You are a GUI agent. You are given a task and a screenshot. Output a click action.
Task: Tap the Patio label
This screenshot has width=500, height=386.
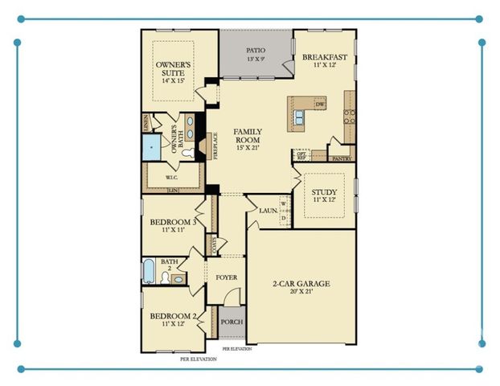tap(256, 51)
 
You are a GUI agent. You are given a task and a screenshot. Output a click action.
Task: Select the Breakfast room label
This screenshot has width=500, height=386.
tap(324, 57)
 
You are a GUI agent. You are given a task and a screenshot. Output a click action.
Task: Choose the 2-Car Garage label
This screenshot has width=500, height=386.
tap(301, 284)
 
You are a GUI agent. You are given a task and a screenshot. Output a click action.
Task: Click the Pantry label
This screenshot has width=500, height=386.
tap(342, 159)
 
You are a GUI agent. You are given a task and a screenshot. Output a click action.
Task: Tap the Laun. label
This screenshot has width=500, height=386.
tap(268, 210)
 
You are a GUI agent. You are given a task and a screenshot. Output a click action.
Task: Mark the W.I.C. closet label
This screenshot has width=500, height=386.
tap(171, 177)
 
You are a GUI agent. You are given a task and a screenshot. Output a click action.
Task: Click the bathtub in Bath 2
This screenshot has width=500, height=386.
tap(149, 271)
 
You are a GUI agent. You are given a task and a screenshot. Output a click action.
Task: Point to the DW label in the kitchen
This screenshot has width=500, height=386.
tap(320, 105)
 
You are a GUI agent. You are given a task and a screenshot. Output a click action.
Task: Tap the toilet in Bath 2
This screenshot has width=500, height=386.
tap(166, 278)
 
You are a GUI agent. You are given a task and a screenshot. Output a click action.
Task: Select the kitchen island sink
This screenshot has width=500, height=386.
tap(299, 117)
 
